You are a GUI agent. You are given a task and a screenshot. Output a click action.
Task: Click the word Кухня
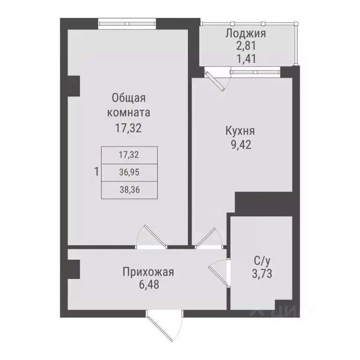[240, 132]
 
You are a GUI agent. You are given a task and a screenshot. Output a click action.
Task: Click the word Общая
[129, 98]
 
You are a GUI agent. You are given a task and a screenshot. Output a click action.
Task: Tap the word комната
[129, 112]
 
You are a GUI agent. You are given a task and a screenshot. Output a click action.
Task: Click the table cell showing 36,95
[129, 172]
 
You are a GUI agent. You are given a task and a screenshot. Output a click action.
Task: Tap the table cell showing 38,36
[129, 189]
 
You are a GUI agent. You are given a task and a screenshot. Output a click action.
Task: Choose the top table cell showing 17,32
[129, 154]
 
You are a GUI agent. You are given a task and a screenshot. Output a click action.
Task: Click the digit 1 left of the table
[97, 172]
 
